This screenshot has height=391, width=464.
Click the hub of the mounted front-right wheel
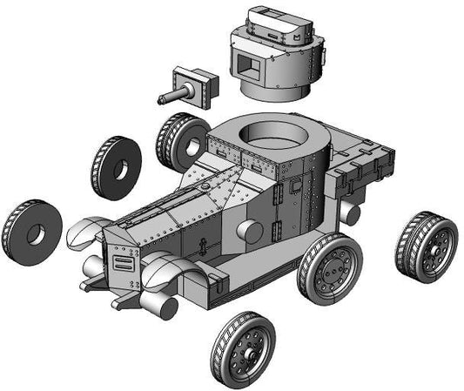(332, 269)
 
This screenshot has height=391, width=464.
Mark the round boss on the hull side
(249, 232)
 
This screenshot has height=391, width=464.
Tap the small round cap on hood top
(203, 185)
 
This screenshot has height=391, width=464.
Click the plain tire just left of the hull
(115, 167)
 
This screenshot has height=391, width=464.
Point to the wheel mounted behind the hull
(180, 141)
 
